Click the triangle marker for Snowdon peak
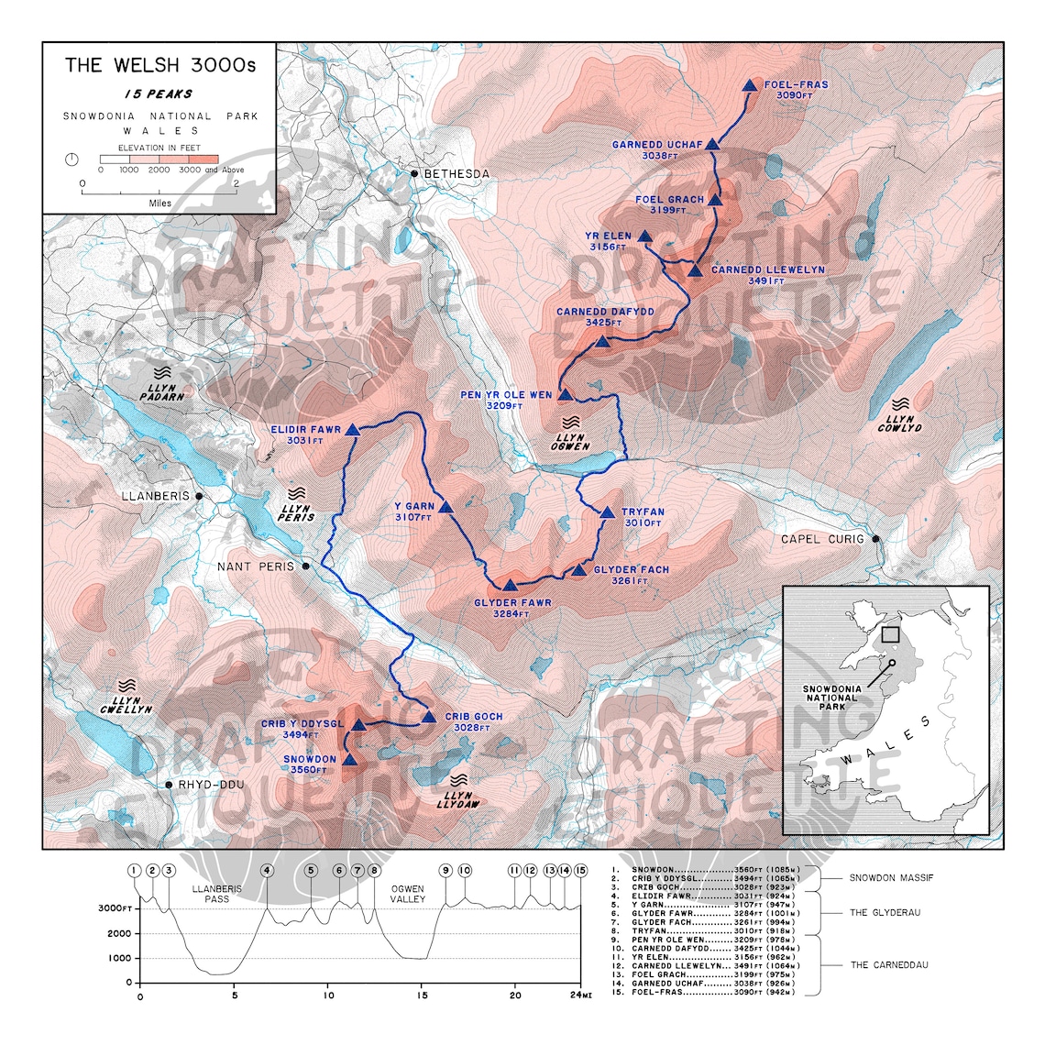(x=349, y=759)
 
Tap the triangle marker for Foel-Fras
(x=749, y=85)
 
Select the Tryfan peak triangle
(x=607, y=512)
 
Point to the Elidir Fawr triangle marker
(x=352, y=430)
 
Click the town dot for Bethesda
(x=414, y=173)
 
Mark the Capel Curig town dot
(x=875, y=539)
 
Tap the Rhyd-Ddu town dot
(x=169, y=785)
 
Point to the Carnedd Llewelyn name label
(x=767, y=270)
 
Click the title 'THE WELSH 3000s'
(x=160, y=65)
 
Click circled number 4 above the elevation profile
(x=267, y=870)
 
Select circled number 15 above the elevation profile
(x=579, y=870)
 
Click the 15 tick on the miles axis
(x=422, y=995)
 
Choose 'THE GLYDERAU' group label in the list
(x=885, y=913)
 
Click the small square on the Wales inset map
(x=888, y=632)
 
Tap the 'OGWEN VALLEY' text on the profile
(x=408, y=894)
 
